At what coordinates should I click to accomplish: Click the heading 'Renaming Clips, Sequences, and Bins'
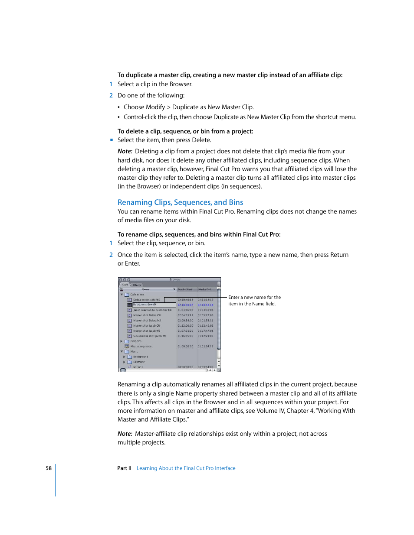tap(180, 202)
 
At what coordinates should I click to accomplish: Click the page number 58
tap(49, 468)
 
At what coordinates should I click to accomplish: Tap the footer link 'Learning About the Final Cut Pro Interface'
tap(186, 468)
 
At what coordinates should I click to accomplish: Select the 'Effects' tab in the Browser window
tap(137, 285)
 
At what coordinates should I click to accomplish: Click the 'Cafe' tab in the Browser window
tap(125, 285)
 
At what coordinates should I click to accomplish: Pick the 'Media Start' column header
tap(185, 289)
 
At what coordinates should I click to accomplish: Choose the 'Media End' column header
tap(205, 289)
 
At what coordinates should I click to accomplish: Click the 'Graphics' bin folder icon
tap(127, 341)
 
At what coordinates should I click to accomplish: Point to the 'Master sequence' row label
tap(141, 347)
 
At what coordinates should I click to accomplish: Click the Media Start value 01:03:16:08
tap(185, 310)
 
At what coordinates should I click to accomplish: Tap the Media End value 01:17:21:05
tap(205, 336)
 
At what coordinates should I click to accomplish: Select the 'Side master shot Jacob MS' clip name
tap(150, 336)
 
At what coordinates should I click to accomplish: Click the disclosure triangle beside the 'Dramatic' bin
tap(124, 362)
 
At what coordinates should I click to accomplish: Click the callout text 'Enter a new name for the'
tap(254, 298)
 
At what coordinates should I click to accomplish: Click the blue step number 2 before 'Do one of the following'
tap(111, 96)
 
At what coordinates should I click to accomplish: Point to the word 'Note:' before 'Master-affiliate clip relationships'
tap(125, 434)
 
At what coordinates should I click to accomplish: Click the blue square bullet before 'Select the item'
tap(112, 140)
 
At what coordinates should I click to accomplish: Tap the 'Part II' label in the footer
tap(124, 468)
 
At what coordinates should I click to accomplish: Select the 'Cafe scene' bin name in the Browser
tap(137, 295)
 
